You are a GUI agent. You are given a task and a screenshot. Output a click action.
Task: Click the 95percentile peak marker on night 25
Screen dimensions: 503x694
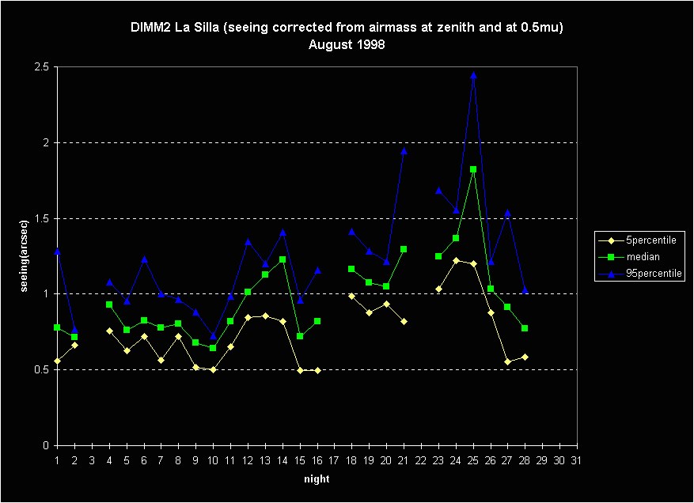point(473,74)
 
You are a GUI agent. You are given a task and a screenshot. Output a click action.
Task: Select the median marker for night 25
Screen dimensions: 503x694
point(473,169)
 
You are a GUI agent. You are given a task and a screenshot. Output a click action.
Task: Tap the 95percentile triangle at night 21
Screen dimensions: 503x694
point(404,150)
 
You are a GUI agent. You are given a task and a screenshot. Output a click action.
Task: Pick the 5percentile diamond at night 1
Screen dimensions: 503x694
point(57,361)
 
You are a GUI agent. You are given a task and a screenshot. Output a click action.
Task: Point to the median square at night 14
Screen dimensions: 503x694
point(283,259)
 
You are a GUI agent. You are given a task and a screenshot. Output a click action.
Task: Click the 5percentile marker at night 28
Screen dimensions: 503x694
point(525,357)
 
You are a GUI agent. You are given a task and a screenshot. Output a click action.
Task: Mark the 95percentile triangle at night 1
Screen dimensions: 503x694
point(57,251)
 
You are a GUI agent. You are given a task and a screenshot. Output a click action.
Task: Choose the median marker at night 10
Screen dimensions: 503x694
point(213,348)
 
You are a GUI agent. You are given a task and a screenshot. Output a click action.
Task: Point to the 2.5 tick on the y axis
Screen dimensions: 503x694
point(41,67)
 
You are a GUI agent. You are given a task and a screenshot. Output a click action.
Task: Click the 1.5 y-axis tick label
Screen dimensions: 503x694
point(41,218)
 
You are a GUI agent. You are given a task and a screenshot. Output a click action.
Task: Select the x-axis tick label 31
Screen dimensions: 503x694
point(578,460)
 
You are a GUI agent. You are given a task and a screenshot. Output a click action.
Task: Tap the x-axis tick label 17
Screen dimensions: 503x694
point(335,460)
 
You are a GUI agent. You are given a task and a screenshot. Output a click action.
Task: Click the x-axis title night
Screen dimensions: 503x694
point(317,479)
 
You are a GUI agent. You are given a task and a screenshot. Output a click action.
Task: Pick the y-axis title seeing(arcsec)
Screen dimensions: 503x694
point(25,255)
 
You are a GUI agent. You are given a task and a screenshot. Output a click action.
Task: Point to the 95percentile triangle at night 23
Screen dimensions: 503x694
point(438,191)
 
